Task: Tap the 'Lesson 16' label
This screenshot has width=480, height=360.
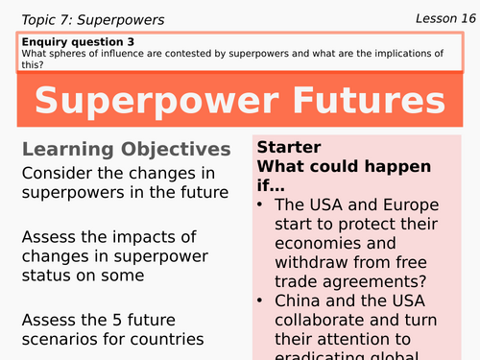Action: tap(445, 17)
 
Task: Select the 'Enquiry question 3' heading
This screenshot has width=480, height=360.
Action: tap(79, 41)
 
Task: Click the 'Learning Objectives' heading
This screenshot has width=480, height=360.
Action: tap(126, 150)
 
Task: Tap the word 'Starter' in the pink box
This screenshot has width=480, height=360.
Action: tap(289, 148)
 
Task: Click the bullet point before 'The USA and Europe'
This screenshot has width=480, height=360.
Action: tap(261, 204)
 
